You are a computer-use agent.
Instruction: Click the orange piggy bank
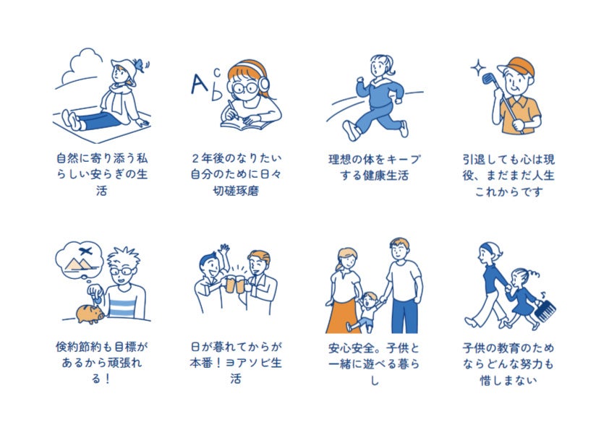(x=90, y=314)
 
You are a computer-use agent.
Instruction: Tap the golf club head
(x=487, y=79)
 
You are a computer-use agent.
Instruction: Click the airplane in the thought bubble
(x=85, y=251)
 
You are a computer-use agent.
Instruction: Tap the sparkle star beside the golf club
(x=478, y=67)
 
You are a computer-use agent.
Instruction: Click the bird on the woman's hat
(x=140, y=65)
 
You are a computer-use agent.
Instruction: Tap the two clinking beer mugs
(x=237, y=285)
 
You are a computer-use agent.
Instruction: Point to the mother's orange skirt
(x=340, y=315)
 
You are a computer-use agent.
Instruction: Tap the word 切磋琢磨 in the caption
(x=236, y=191)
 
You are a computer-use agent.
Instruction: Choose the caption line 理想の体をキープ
(x=374, y=159)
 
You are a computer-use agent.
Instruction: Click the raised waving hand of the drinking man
(x=223, y=249)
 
